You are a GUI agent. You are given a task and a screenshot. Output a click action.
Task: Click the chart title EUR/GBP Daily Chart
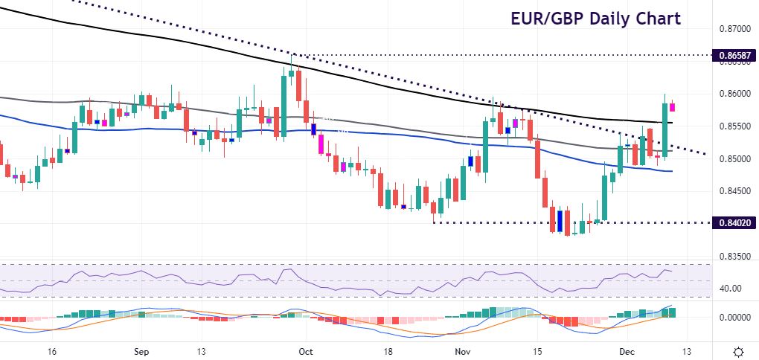click(x=595, y=18)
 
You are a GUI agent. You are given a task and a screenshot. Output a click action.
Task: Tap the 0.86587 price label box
click(x=733, y=55)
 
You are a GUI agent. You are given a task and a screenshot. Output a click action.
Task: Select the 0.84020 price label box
click(x=733, y=222)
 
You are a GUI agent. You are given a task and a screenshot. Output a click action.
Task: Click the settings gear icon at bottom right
click(x=739, y=351)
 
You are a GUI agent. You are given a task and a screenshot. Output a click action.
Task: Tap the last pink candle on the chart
click(x=673, y=107)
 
